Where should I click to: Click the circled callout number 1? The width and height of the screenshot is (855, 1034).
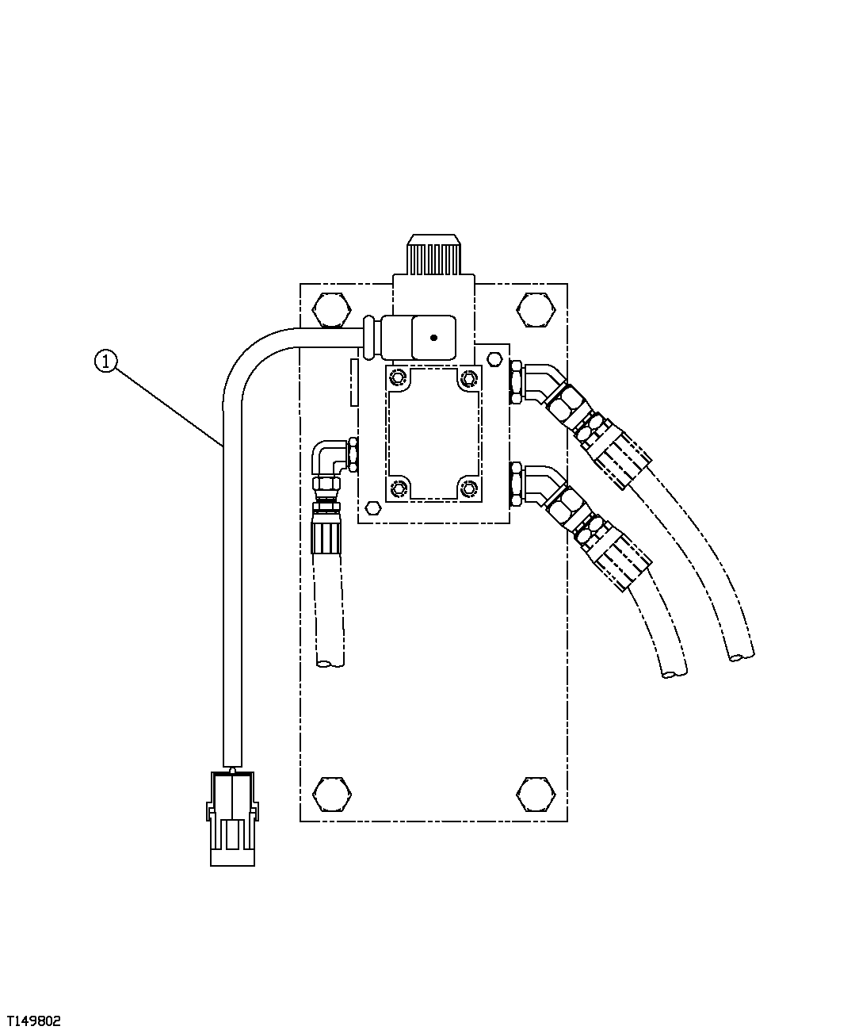pos(105,362)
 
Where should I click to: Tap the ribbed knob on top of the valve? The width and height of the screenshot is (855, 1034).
pos(433,255)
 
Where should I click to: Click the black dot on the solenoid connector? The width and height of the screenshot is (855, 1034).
pos(433,338)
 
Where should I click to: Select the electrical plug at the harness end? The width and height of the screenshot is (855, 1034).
pos(232,817)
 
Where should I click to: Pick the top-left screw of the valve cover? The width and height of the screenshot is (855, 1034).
pos(398,377)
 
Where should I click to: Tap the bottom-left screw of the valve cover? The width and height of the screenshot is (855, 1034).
pos(398,488)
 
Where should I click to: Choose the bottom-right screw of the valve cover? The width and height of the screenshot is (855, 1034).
pos(471,488)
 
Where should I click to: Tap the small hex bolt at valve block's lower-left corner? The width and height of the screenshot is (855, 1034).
pos(372,508)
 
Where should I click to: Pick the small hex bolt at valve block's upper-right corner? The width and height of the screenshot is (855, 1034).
pos(494,361)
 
